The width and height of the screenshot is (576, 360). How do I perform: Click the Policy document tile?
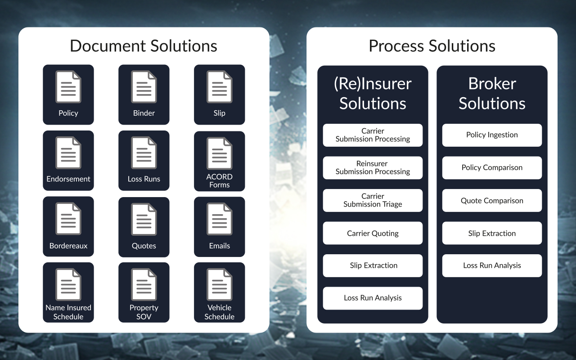pos(68,94)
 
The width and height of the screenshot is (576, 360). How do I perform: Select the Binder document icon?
pos(144,87)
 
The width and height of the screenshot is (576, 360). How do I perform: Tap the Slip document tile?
pos(219,94)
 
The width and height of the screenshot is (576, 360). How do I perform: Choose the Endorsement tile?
pos(68,161)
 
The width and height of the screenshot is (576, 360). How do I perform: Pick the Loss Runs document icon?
pos(144,153)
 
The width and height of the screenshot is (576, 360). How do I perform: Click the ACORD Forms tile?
pos(219,161)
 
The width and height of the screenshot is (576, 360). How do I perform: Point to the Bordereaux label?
pos(68,246)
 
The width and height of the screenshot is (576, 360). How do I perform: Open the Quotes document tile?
pos(144,227)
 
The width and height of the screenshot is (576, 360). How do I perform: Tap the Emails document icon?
pos(219,219)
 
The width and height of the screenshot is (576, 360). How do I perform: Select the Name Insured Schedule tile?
pos(68,292)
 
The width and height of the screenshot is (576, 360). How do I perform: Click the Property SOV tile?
pos(144,292)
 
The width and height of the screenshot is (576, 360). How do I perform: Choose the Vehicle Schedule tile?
pos(219,292)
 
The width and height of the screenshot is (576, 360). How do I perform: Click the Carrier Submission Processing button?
pos(373,135)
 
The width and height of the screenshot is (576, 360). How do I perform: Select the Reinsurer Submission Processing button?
pos(373,168)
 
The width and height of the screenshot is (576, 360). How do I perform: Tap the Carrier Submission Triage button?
pos(373,200)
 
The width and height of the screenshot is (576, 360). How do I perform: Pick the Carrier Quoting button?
pos(373,233)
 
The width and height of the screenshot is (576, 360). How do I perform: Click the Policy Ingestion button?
pos(492,135)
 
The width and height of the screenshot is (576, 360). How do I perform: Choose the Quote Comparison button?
pos(492,200)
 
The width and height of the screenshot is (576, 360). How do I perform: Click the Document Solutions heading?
pos(144,46)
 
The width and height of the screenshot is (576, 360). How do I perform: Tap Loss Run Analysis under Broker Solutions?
pos(492,265)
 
